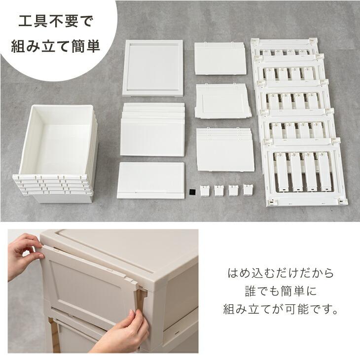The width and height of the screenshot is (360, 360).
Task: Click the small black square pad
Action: pyautogui.click(x=192, y=192)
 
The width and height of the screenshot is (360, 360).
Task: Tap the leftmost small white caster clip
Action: pyautogui.click(x=205, y=191)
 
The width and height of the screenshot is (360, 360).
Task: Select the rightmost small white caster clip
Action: pyautogui.click(x=248, y=189)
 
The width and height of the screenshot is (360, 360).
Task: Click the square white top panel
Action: pyautogui.click(x=153, y=68)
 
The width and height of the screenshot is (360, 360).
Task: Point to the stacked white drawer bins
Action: pyautogui.click(x=56, y=154)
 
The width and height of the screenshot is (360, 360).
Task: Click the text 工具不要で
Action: pyautogui.click(x=55, y=21)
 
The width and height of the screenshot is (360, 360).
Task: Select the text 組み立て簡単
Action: pyautogui.click(x=56, y=46)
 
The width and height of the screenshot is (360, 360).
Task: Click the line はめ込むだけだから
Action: pyautogui.click(x=281, y=273)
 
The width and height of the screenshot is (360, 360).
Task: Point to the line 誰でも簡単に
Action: pyautogui.click(x=281, y=291)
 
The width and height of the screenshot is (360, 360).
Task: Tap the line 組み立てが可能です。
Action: pyautogui.click(x=281, y=309)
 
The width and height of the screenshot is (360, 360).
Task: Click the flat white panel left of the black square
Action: pyautogui.click(x=150, y=180)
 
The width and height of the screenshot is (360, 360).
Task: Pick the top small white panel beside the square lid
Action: pyautogui.click(x=220, y=58)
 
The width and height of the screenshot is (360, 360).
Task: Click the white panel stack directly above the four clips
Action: pyautogui.click(x=225, y=149)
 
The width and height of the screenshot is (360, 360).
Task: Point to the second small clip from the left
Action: pyautogui.click(x=219, y=190)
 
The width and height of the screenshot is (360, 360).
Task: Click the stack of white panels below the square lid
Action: pyautogui.click(x=152, y=130)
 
